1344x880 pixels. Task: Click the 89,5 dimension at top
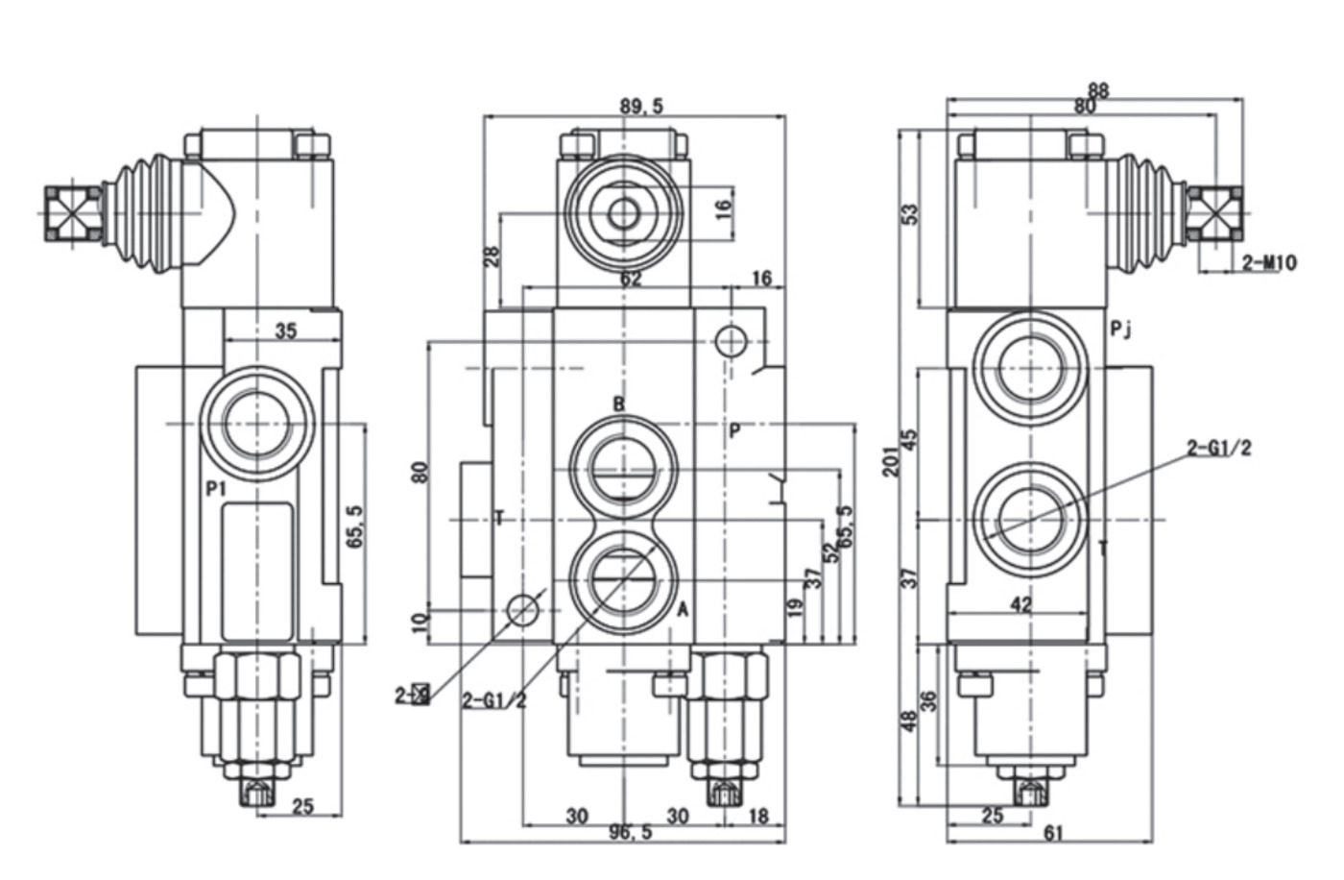point(640,107)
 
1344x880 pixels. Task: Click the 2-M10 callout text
point(1269,262)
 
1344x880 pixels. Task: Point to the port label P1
point(215,489)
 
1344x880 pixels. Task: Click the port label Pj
point(1120,330)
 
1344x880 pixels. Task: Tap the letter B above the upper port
point(618,403)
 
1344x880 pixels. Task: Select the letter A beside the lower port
point(683,609)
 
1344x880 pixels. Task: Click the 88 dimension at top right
point(1098,90)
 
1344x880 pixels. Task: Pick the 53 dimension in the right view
point(911,213)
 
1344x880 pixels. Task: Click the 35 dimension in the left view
point(285,331)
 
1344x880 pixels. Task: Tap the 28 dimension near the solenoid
point(492,257)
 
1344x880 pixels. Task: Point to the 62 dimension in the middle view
point(630,280)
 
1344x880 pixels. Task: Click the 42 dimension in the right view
point(1020,604)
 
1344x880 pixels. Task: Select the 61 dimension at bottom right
point(1053,833)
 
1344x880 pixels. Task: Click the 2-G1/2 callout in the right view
point(1219,448)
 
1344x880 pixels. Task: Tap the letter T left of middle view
point(499,519)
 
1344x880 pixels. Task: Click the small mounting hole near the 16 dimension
point(731,340)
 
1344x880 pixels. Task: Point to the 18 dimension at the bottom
point(757,817)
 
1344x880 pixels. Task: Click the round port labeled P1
point(257,424)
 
